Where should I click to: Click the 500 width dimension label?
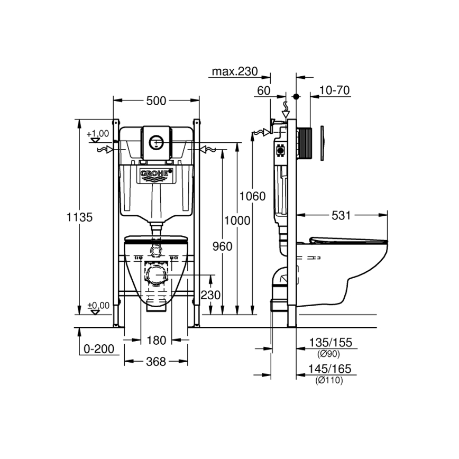(157, 100)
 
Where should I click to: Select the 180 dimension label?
(157, 340)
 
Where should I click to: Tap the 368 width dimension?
(156, 362)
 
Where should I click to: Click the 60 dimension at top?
(263, 90)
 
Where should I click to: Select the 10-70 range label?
(335, 90)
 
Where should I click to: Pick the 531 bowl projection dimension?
(342, 215)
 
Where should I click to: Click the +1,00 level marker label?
(97, 133)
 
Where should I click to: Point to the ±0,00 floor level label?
(97, 305)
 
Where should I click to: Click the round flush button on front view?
(157, 141)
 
